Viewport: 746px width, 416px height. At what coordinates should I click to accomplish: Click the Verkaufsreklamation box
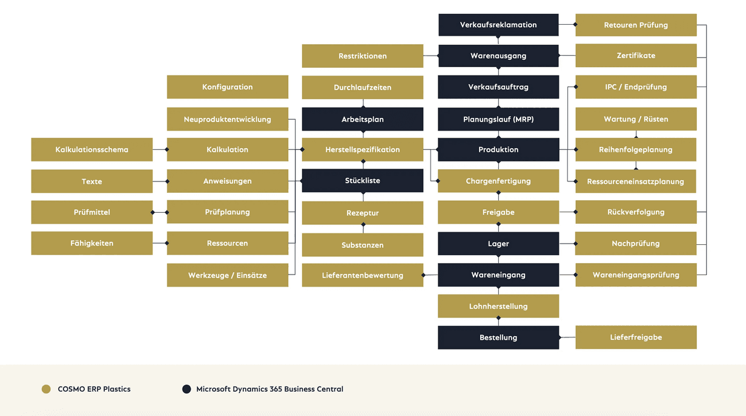498,25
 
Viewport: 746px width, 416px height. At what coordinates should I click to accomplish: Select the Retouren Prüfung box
636,25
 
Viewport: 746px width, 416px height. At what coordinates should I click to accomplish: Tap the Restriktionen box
362,56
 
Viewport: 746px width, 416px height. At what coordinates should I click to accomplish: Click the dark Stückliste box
362,181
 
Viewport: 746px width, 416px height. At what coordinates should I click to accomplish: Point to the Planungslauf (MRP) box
498,119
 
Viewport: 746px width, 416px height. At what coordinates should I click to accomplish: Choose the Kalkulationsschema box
92,149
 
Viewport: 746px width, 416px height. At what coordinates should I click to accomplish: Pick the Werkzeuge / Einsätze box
228,275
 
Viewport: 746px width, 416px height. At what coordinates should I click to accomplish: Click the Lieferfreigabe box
636,337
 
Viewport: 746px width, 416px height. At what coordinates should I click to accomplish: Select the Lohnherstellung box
498,306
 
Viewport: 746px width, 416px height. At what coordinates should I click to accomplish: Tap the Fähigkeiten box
92,243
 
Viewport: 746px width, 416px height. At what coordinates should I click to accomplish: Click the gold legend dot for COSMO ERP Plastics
46,389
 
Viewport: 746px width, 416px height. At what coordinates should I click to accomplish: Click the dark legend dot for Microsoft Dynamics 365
187,389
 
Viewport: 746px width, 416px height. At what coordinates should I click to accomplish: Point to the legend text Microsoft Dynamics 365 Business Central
270,389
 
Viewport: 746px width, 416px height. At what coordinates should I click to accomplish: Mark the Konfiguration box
228,87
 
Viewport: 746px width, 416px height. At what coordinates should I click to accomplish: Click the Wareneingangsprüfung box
636,275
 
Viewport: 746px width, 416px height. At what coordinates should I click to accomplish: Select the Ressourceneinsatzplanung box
635,181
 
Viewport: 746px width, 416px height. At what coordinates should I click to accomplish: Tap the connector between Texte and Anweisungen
160,181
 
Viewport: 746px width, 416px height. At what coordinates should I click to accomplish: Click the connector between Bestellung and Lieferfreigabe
567,337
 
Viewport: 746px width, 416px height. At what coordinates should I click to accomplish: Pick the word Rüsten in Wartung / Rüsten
656,119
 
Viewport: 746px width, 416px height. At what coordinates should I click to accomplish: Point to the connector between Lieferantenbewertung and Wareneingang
430,275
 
